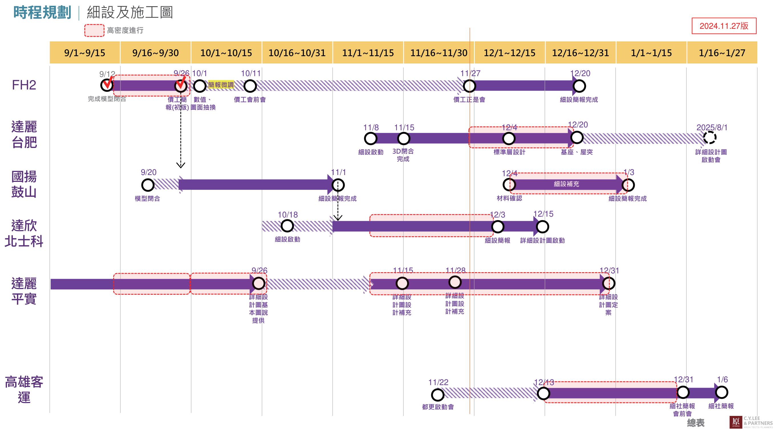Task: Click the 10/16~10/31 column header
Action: point(297,53)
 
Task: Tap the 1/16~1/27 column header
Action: point(722,53)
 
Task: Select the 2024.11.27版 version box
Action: point(724,26)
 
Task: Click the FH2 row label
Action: point(24,85)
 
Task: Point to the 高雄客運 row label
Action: point(24,389)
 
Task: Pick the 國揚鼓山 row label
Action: point(24,184)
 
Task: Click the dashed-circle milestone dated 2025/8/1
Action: point(709,138)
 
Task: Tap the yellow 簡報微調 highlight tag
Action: point(221,85)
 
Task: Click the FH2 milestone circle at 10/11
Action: point(250,86)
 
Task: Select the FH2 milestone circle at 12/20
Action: point(579,86)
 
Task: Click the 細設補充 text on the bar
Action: point(566,184)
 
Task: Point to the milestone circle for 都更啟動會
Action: point(437,395)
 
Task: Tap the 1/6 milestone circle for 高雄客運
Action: point(721,393)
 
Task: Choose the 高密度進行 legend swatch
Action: point(94,31)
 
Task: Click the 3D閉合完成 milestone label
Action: point(403,155)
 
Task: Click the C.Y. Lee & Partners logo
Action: point(751,422)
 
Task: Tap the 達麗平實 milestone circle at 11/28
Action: point(455,282)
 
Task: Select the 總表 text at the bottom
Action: point(695,422)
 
